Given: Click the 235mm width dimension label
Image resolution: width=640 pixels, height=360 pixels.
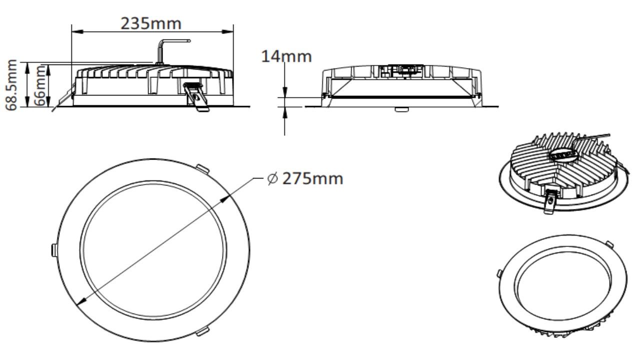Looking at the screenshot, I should tap(151, 23).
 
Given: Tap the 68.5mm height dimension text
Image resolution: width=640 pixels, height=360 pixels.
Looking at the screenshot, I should tap(11, 84).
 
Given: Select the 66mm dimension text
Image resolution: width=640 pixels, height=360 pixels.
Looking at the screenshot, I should tap(39, 85).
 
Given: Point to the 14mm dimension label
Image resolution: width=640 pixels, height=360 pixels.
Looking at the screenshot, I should tap(286, 56).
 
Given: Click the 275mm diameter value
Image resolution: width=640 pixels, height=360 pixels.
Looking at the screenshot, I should tap(313, 178).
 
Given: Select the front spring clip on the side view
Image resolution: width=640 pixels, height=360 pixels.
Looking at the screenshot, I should tap(196, 97).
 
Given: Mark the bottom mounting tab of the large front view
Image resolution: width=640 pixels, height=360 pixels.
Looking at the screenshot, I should tap(201, 331).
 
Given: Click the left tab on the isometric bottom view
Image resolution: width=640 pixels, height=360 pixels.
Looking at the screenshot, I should tap(499, 272).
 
